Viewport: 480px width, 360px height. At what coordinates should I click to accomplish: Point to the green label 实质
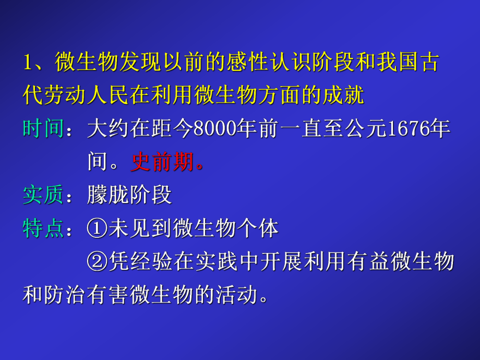pyautogui.click(x=43, y=195)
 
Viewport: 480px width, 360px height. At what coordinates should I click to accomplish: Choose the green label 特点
pyautogui.click(x=43, y=229)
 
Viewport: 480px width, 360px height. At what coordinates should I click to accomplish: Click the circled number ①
pyautogui.click(x=97, y=229)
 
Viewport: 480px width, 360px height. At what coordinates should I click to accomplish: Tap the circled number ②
pyautogui.click(x=97, y=262)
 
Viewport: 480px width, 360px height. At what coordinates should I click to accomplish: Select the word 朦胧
pyautogui.click(x=108, y=195)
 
